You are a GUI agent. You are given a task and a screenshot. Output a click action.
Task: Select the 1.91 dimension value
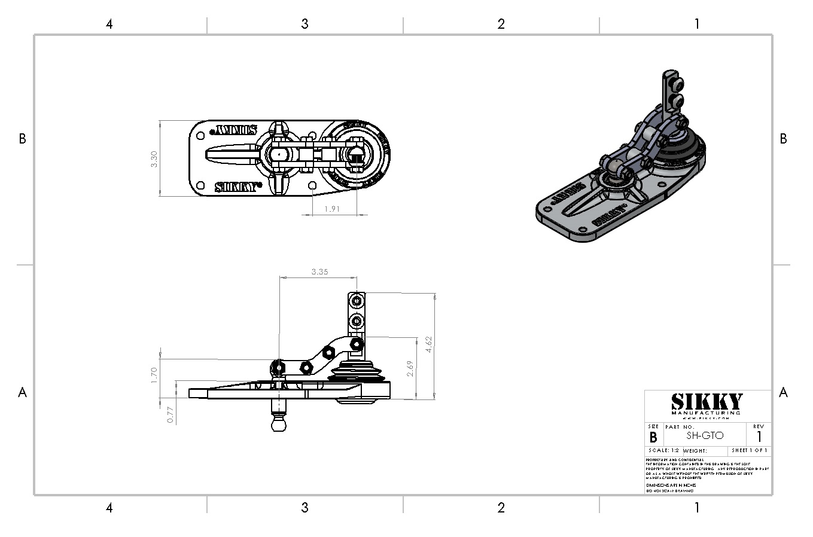tap(332, 209)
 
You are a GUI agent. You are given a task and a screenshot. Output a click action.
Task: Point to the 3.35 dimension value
tap(319, 271)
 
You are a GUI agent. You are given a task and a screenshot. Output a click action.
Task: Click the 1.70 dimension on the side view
tap(154, 375)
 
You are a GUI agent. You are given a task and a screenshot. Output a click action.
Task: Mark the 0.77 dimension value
tap(170, 415)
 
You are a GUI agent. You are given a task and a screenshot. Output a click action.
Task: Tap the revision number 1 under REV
tap(759, 437)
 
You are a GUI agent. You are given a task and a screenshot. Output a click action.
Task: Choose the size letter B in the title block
tap(653, 438)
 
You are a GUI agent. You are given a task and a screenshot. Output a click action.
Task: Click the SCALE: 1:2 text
tap(663, 450)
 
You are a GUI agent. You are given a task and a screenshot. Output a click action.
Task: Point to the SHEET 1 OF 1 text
tap(750, 450)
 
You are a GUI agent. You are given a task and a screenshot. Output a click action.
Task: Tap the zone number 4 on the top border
tap(109, 24)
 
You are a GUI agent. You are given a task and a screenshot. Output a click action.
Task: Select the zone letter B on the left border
tap(22, 139)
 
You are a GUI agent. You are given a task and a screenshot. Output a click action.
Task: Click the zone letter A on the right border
tap(783, 392)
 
